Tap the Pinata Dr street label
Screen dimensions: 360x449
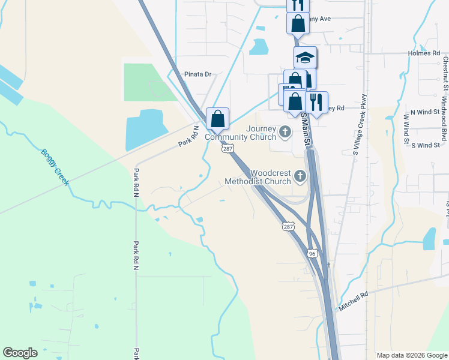pos(198,74)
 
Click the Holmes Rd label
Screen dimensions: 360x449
pos(427,53)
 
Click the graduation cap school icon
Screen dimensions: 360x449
pos(305,57)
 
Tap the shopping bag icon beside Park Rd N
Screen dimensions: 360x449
pos(217,118)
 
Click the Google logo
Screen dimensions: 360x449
pos(20,353)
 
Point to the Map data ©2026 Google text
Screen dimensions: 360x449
pos(412,355)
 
